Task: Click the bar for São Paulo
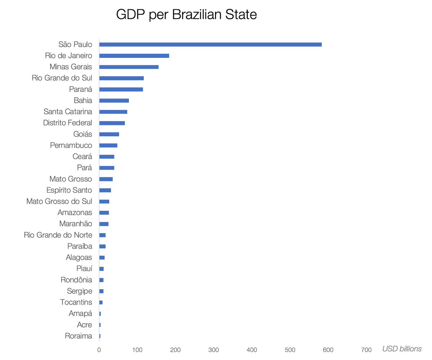[210, 45]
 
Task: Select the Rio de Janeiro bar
[134, 56]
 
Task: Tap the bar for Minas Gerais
[129, 67]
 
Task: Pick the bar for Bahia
[114, 101]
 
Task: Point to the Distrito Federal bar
[112, 123]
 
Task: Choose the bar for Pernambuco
[108, 145]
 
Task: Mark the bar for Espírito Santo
[105, 190]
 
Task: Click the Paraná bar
[121, 89]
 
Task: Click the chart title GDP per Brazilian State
[186, 15]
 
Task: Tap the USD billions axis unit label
[402, 349]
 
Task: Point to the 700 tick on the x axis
[366, 349]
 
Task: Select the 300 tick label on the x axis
[214, 349]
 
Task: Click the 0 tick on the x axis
[99, 349]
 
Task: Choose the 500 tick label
[290, 349]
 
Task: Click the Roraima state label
[78, 336]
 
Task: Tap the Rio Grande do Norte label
[58, 235]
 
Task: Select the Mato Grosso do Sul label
[59, 201]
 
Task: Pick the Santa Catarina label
[68, 111]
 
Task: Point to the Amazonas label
[75, 213]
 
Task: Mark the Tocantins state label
[76, 302]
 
